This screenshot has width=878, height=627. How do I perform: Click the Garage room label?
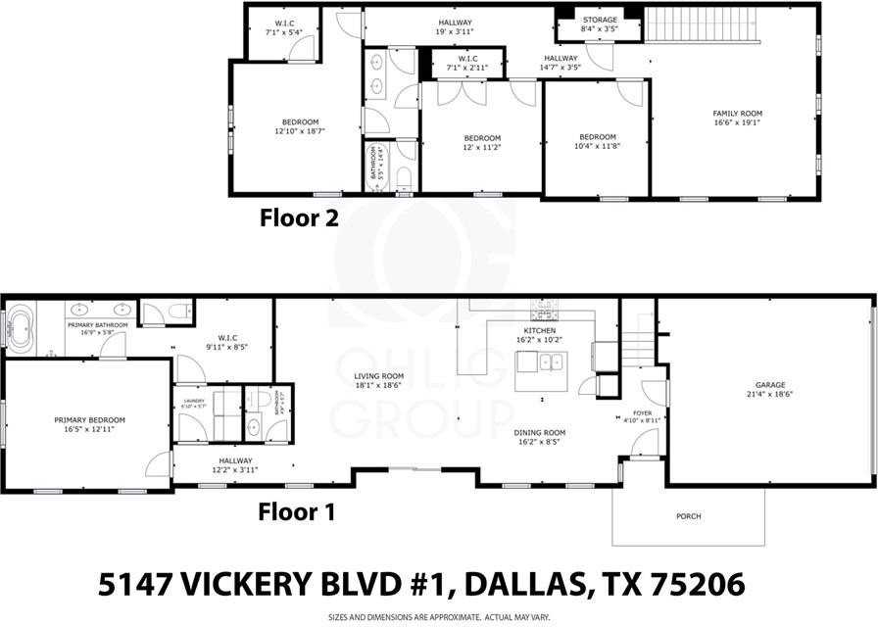click(x=769, y=385)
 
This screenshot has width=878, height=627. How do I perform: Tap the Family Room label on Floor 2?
click(x=736, y=114)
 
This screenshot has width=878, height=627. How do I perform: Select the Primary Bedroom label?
click(x=89, y=419)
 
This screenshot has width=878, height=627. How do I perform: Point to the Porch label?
click(x=688, y=516)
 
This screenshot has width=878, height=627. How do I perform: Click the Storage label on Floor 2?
click(x=600, y=20)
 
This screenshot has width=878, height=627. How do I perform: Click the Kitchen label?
click(x=539, y=331)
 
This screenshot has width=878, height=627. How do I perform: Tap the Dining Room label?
click(x=540, y=432)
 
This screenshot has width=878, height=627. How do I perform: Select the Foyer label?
click(x=642, y=413)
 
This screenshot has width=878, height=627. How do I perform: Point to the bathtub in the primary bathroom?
click(x=20, y=333)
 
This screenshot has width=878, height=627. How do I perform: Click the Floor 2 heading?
click(x=299, y=217)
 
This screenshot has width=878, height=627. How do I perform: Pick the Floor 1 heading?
click(x=297, y=511)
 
